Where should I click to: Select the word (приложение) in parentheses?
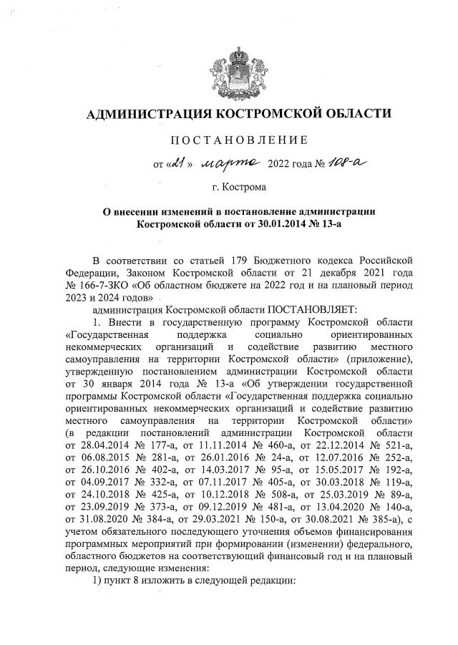(382, 359)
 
